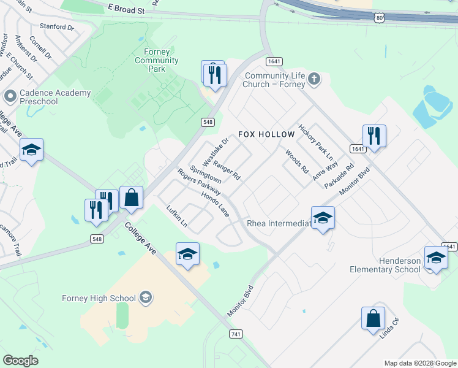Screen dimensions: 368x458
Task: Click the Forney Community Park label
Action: [157, 61]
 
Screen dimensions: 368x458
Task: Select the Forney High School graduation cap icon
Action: [146, 298]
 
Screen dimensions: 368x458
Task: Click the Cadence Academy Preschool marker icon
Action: [9, 96]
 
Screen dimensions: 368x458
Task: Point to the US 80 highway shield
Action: [380, 18]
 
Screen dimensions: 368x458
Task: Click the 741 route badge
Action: [236, 334]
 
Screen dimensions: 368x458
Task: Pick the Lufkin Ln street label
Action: [177, 216]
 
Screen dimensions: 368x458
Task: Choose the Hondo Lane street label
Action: [214, 204]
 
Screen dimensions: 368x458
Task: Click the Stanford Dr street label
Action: [56, 27]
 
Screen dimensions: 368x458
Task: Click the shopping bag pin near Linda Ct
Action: [373, 319]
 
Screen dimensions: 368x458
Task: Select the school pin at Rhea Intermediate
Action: [323, 218]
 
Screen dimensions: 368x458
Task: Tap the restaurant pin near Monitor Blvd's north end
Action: [374, 136]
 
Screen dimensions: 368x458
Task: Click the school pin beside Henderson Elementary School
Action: [435, 258]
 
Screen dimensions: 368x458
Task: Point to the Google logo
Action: [20, 361]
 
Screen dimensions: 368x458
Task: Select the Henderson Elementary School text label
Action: [385, 265]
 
